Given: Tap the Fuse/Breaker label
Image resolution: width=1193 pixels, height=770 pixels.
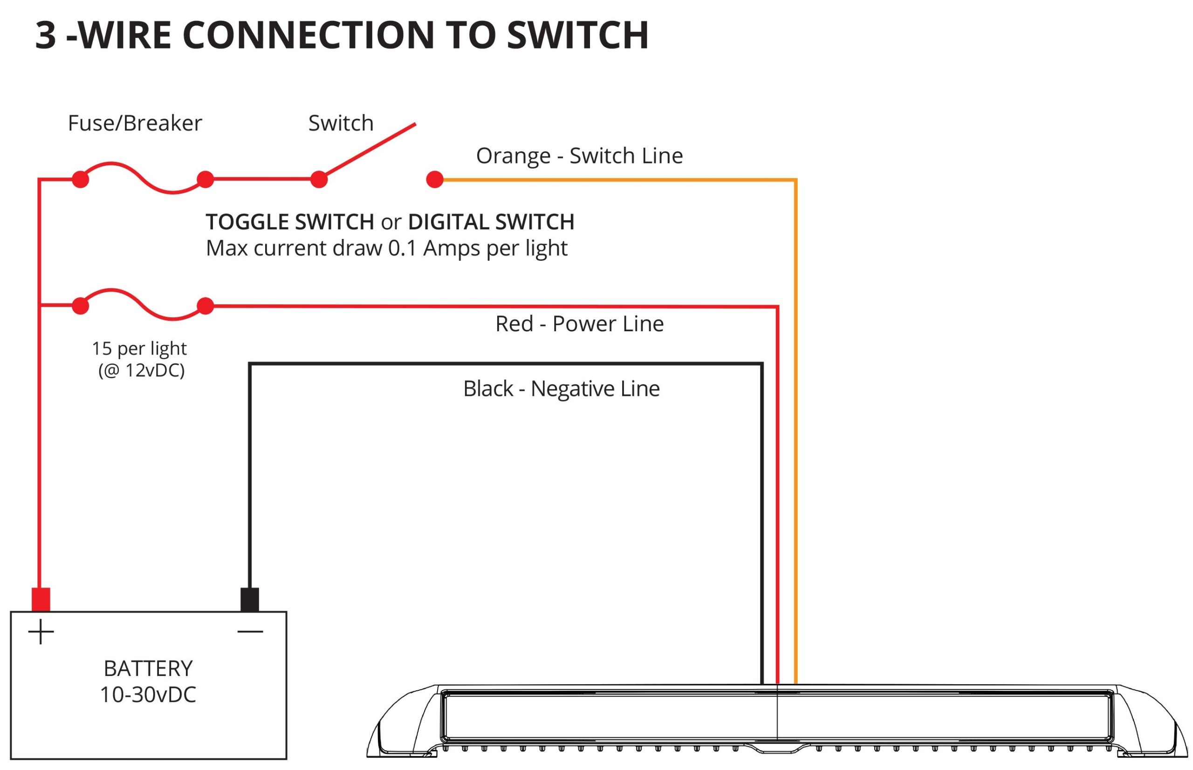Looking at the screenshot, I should click(x=135, y=123).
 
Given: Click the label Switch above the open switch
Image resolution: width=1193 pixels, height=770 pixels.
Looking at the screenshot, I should click(x=341, y=123).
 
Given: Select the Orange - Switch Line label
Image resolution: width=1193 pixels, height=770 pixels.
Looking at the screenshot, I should click(x=579, y=156).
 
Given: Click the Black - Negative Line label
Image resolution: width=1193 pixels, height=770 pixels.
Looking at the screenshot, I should click(x=561, y=389).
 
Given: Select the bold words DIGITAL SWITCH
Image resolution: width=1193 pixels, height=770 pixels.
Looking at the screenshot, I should click(x=491, y=222).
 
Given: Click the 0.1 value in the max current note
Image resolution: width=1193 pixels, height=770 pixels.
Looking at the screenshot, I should click(x=402, y=248).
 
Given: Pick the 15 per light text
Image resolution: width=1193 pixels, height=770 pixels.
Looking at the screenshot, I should click(x=139, y=348).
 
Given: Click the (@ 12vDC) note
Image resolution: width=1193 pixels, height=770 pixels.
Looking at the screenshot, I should click(x=142, y=370).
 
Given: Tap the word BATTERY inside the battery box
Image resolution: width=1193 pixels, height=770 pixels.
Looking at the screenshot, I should click(x=148, y=668).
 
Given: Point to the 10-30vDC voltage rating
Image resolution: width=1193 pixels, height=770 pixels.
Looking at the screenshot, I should click(x=148, y=695).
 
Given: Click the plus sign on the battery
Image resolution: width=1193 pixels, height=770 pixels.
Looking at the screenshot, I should click(x=41, y=632).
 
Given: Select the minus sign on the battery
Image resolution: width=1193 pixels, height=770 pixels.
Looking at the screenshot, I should click(x=250, y=632).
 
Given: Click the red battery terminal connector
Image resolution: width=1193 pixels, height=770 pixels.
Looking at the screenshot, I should click(x=41, y=599).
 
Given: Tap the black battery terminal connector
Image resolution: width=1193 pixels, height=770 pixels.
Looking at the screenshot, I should click(x=250, y=599).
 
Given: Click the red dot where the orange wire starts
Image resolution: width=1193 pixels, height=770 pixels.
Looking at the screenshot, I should click(x=435, y=179).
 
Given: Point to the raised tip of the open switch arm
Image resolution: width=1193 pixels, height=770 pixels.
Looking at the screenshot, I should click(x=414, y=124).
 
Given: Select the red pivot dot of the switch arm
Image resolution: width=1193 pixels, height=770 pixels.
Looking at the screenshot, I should click(x=319, y=179).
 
